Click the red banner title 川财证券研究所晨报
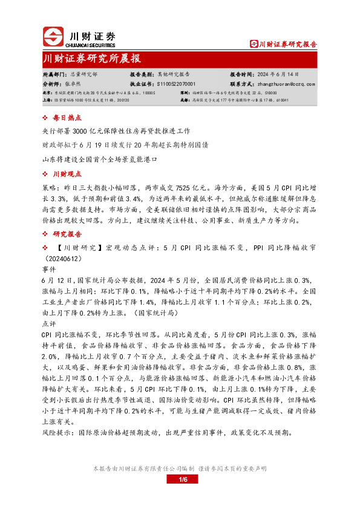pos(92,59)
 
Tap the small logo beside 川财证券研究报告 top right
pos(254,44)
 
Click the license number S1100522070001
pos(176,84)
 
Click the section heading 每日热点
pos(67,118)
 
